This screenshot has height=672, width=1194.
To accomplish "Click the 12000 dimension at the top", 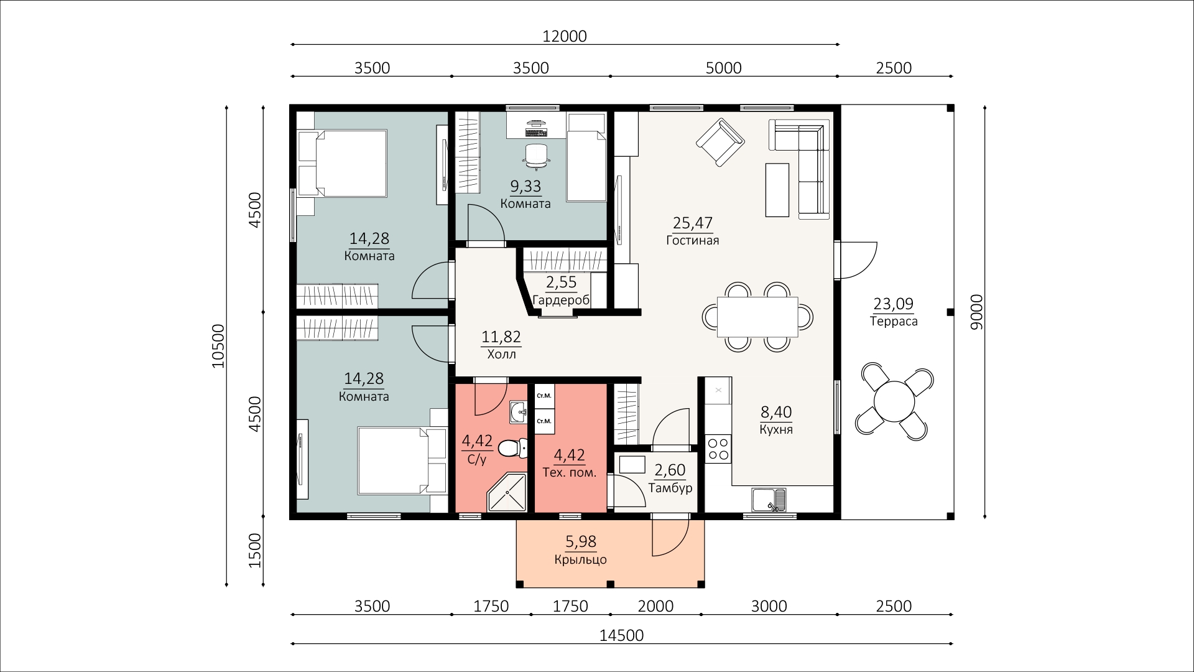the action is coord(564,37).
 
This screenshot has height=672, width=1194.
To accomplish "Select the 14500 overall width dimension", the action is coord(622,635).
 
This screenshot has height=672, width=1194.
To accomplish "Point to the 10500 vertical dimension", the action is coord(218,346).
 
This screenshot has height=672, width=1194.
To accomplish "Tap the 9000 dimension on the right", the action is coord(977,312).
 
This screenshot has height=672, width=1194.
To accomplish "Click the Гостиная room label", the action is coord(692,240).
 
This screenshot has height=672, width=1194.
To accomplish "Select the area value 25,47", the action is coord(693,223).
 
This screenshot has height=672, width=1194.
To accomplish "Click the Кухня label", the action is coord(776,429).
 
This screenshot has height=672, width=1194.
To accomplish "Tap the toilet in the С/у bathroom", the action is coord(513,447).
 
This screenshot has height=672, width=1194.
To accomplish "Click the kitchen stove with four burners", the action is coord(718,449).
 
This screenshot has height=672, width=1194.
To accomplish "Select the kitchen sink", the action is coord(769,499).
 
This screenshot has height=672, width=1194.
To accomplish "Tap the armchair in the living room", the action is coord(720,142).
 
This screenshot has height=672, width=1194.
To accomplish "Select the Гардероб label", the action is coord(562,300).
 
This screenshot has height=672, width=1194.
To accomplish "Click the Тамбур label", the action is coord(670,488).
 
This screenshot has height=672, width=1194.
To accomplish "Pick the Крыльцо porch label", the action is coord(580,559).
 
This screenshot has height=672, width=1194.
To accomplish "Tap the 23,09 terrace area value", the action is coord(894,304).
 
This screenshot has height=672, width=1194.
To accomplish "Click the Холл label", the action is coord(501,354).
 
